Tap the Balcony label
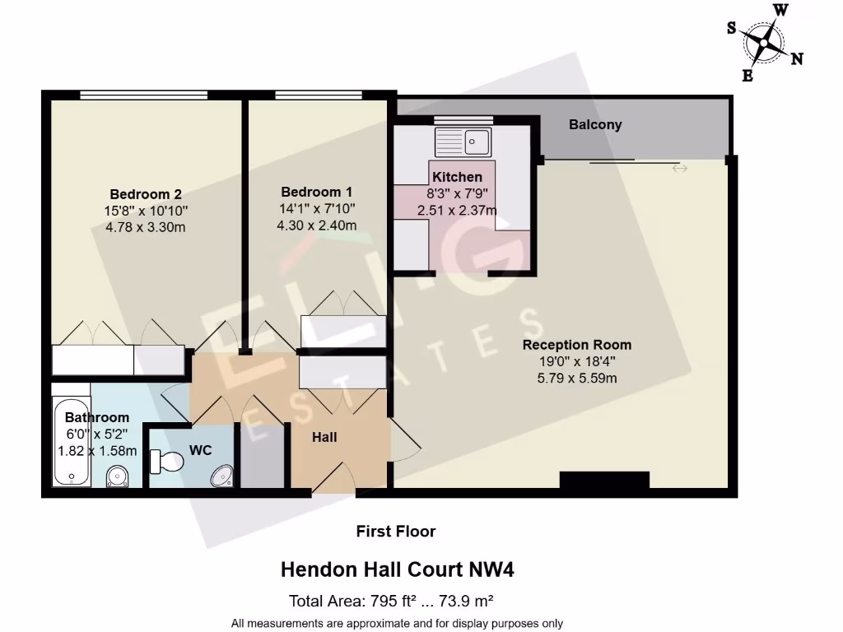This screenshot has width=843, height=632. tap(595, 125)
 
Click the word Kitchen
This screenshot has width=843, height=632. tap(457, 177)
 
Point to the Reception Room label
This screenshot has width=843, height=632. tap(577, 345)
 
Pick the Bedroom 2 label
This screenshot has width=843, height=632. tap(146, 194)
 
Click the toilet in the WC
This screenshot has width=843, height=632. tap(167, 462)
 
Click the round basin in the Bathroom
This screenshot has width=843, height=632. tap(118, 476)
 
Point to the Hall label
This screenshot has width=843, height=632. tap(324, 438)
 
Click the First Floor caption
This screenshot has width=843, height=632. tap(395, 532)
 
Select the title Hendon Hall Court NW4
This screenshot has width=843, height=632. tap(398, 569)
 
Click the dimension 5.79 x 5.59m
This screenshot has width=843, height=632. tap(577, 379)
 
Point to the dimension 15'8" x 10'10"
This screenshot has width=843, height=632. tap(146, 211)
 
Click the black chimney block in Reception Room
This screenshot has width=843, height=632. tap(604, 480)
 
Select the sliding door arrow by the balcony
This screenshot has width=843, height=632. tap(680, 169)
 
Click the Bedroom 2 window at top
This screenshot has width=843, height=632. tap(144, 95)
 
